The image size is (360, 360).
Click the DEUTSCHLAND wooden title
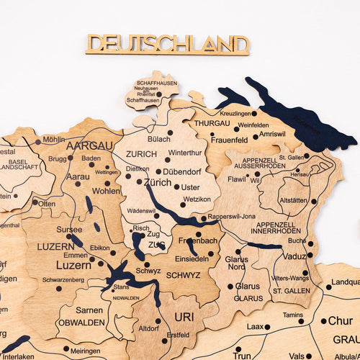[x=167, y=44]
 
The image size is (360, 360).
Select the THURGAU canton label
[x=212, y=123]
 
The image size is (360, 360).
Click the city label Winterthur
[x=186, y=153]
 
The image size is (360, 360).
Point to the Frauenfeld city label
[x=229, y=139]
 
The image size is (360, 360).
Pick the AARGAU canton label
[x=89, y=145]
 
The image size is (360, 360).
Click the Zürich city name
[x=158, y=182]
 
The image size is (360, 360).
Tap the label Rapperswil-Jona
[x=231, y=217]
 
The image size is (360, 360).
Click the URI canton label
[x=184, y=317]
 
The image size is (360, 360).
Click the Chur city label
[x=341, y=320]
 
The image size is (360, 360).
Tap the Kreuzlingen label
[x=238, y=114]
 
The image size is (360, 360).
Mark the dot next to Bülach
[x=170, y=132]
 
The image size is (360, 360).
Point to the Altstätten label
[x=294, y=200]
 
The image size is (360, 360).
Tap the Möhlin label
[x=54, y=139]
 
